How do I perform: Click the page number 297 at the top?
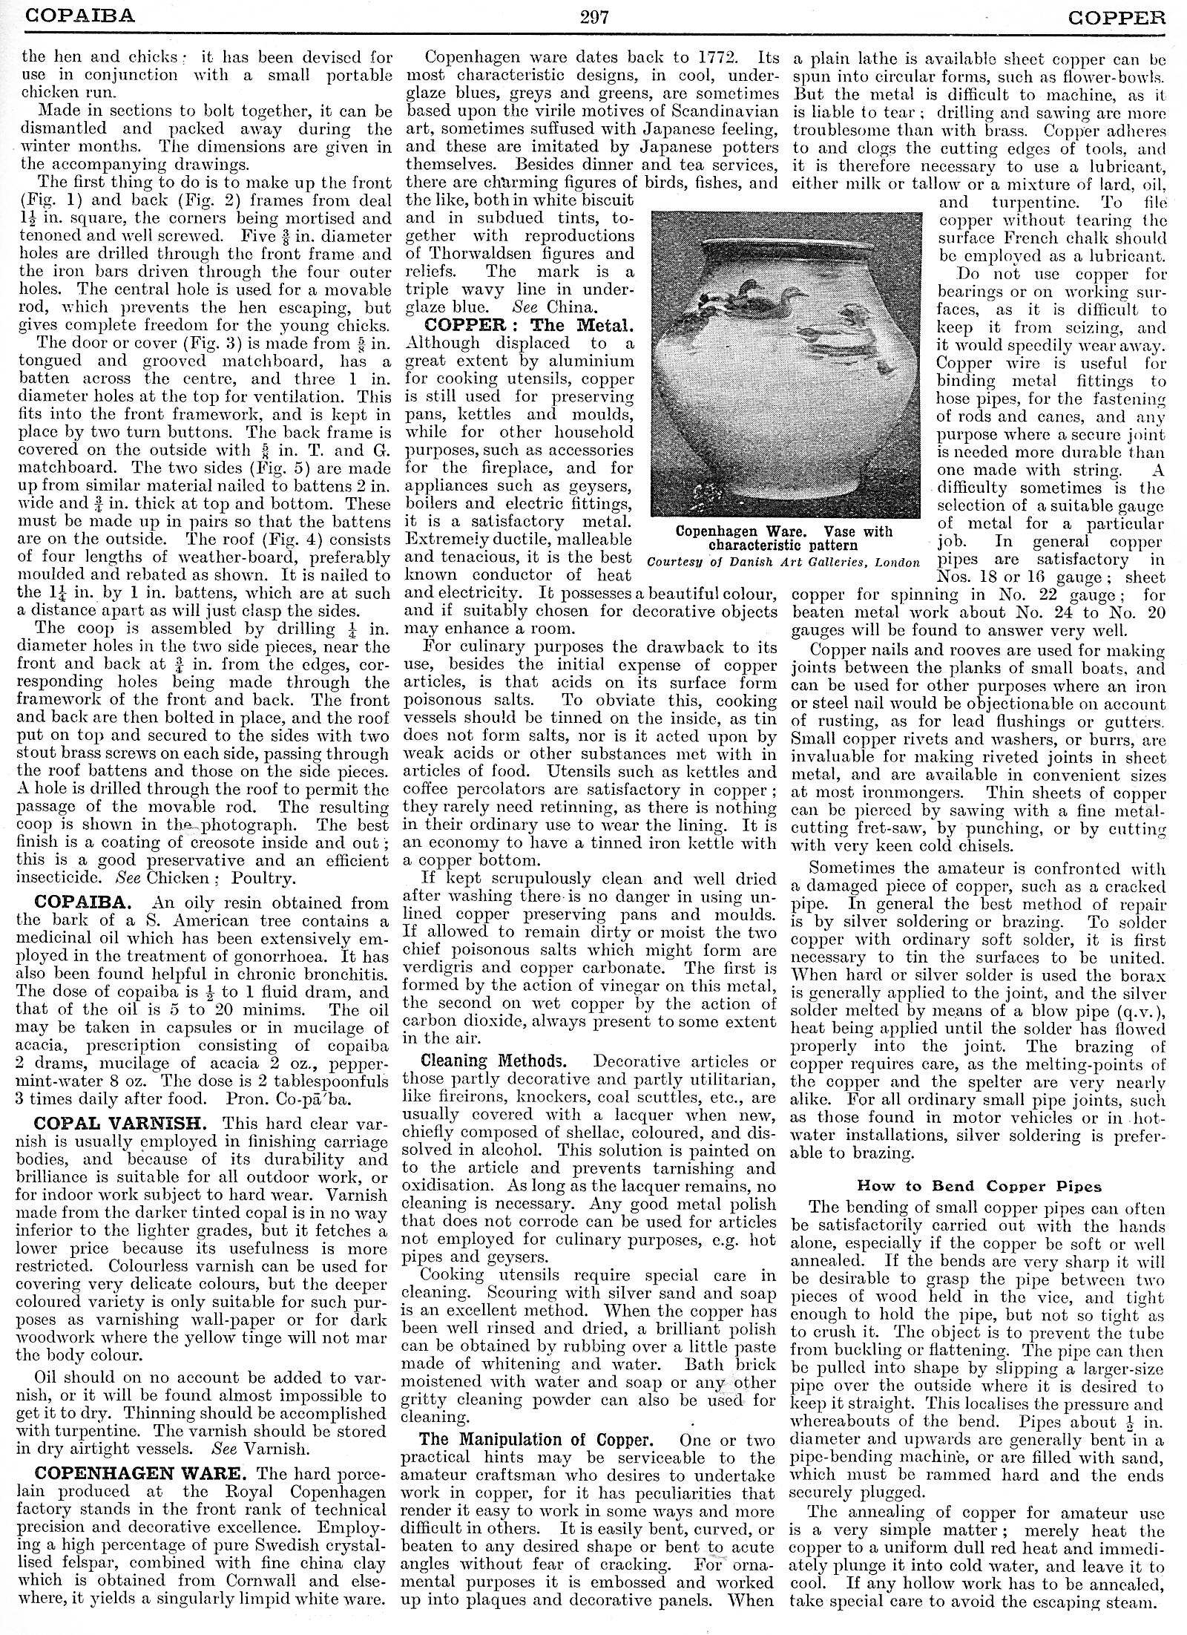click(593, 16)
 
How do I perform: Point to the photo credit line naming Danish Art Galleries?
click(783, 562)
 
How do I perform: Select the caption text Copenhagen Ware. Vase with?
click(784, 531)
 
